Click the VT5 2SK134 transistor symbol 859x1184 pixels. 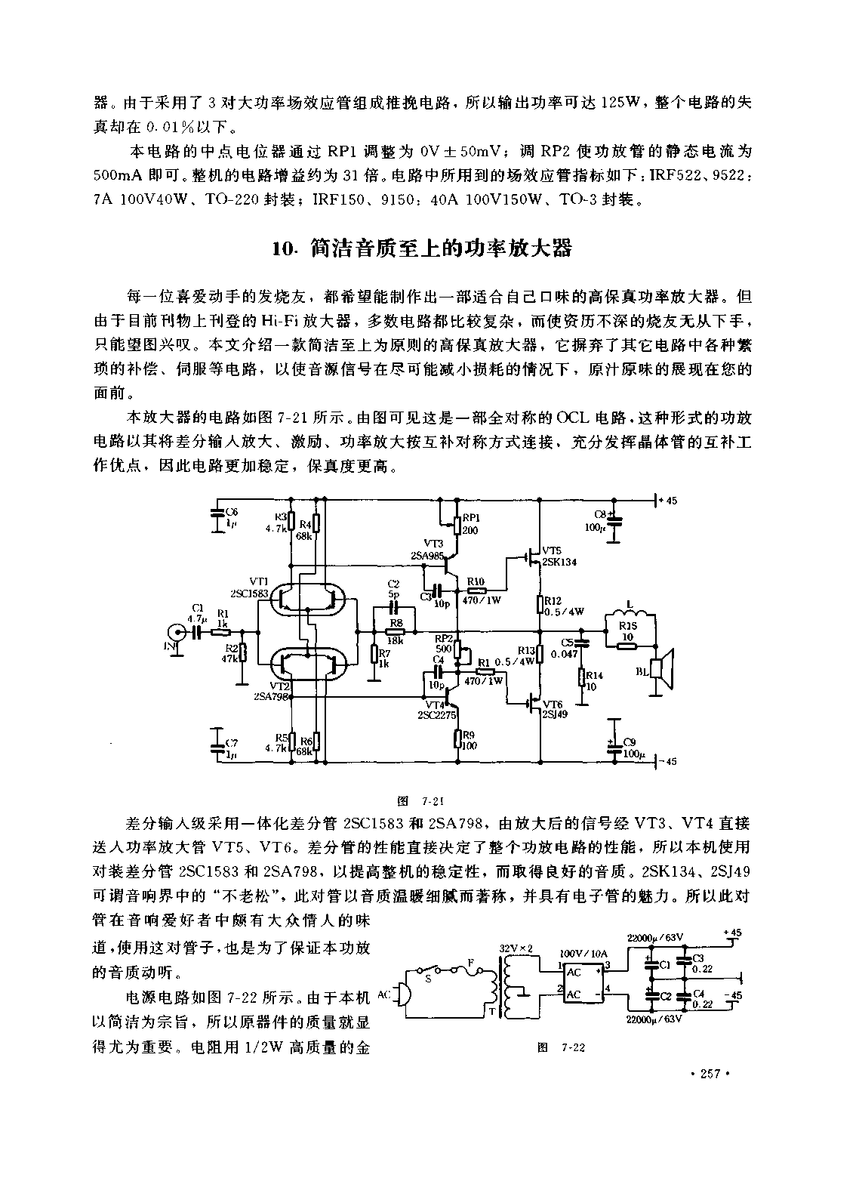534,559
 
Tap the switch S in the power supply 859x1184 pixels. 433,969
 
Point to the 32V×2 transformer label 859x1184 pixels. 517,948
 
